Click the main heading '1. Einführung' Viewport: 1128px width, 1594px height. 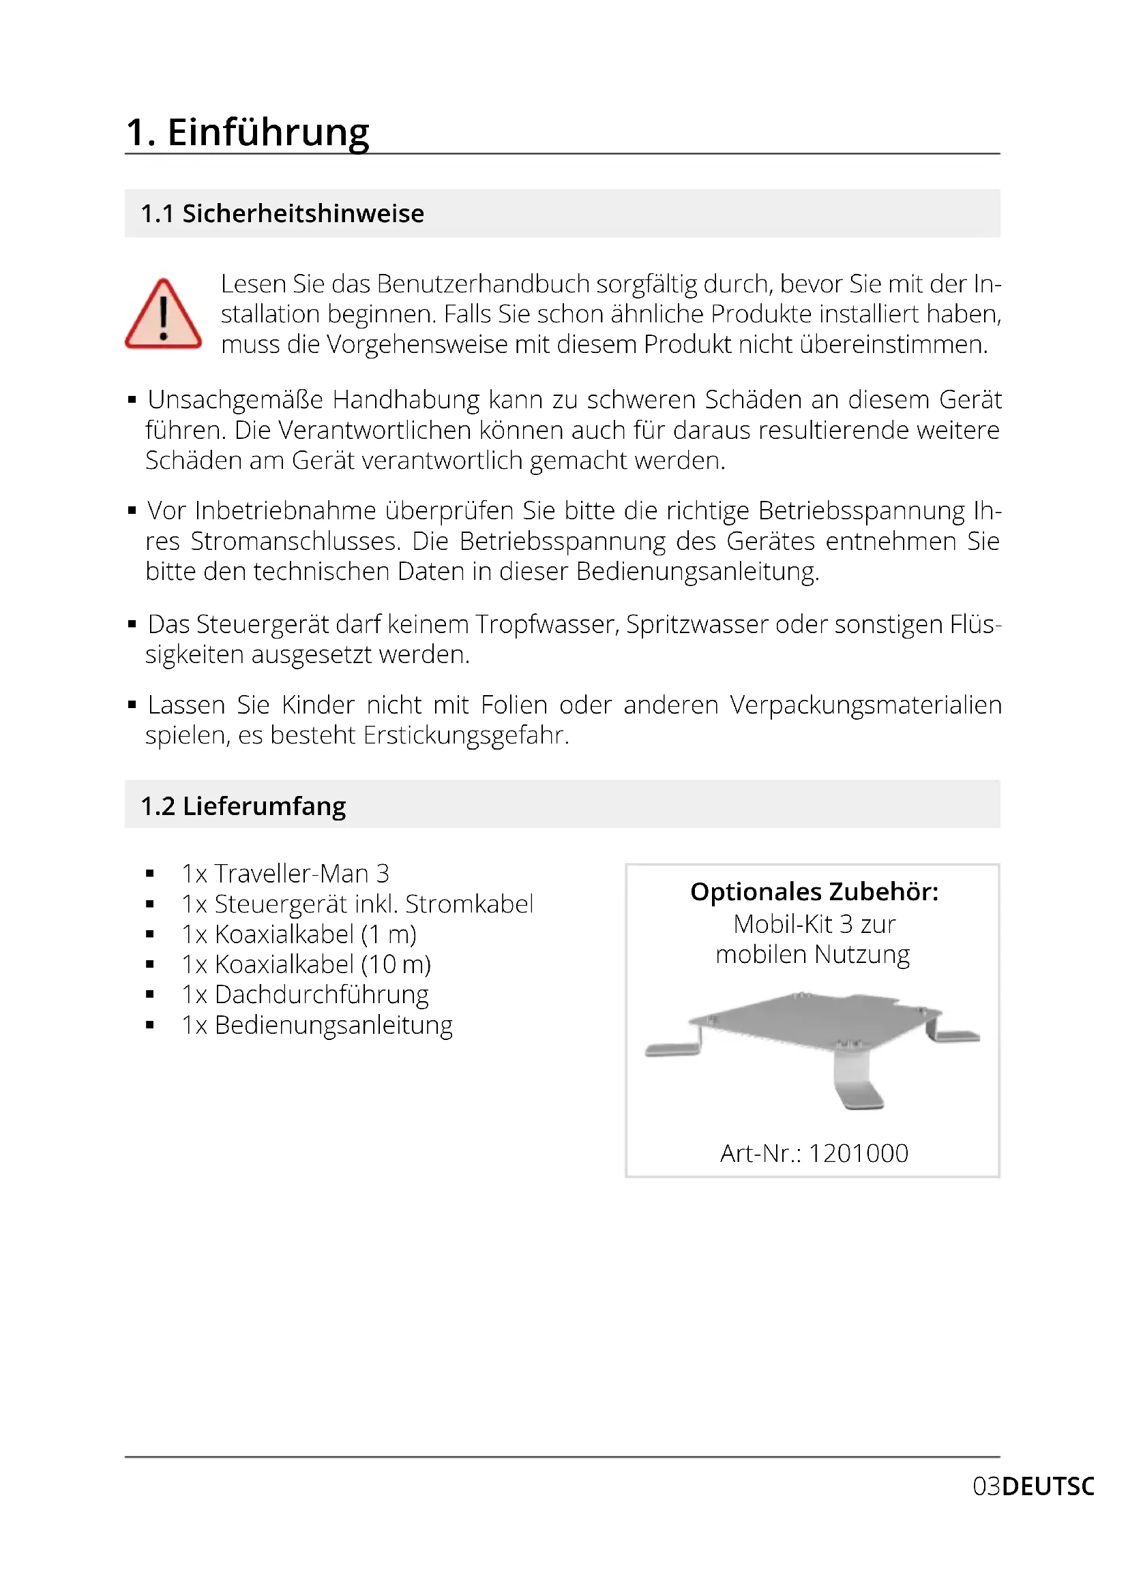pos(248,132)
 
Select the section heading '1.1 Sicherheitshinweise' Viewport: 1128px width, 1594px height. pos(282,214)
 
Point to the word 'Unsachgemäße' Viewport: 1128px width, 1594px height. pos(235,400)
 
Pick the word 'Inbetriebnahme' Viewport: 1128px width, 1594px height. pos(286,511)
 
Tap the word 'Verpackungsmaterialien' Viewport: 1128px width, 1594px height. pos(865,705)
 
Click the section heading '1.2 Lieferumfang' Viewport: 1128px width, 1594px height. pos(243,806)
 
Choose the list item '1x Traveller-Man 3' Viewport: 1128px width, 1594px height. pos(286,874)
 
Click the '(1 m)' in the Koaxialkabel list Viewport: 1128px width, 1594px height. pos(388,934)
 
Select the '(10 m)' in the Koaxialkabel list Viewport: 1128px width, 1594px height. pos(396,964)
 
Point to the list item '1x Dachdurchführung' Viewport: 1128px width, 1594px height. pos(305,995)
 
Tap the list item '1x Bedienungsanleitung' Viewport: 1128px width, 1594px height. pos(316,1026)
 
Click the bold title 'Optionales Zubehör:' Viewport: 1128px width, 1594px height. pos(814,892)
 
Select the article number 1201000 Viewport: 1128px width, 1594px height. pos(859,1153)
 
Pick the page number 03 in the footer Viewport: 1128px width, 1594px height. pos(986,1487)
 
